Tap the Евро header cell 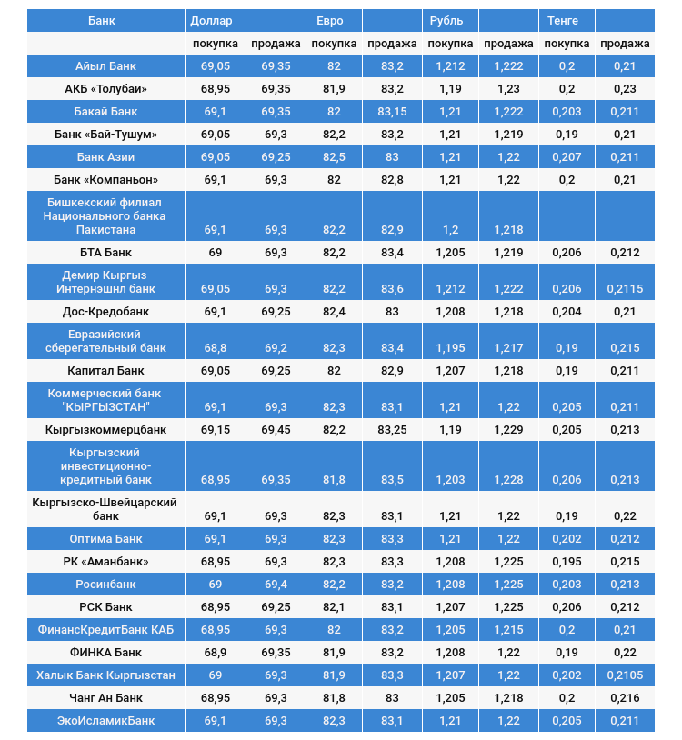(x=330, y=20)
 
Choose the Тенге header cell (x=563, y=20)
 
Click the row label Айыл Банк (x=106, y=66)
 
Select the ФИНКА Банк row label (x=106, y=653)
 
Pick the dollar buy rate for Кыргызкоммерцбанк (x=215, y=430)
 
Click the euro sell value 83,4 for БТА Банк (x=392, y=253)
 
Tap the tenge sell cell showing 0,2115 (x=625, y=289)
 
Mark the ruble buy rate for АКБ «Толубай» (x=450, y=89)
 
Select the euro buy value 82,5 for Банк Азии (x=334, y=157)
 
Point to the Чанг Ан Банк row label (x=106, y=698)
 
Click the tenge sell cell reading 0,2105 (x=625, y=675)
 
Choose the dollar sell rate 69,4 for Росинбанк (x=276, y=585)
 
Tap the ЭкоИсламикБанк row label (x=106, y=721)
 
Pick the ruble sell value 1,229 (x=508, y=430)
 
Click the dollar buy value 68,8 (x=215, y=348)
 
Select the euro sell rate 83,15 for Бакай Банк (x=392, y=112)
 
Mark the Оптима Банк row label (x=106, y=539)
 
